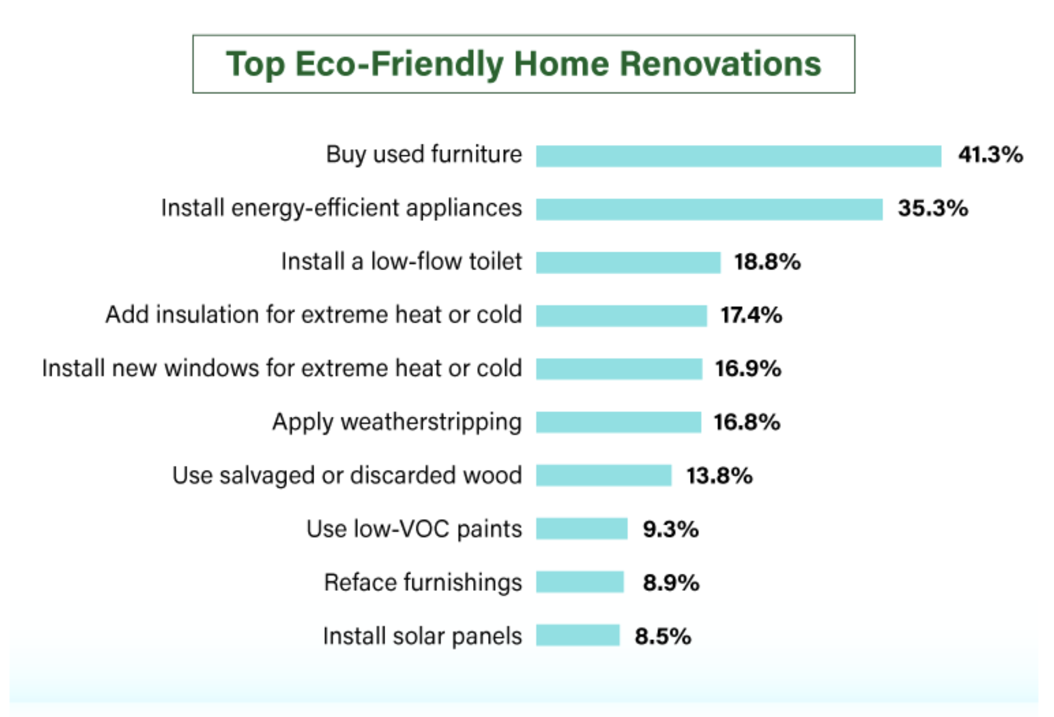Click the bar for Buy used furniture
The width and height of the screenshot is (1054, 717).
[x=739, y=156]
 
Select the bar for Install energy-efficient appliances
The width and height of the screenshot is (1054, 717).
[x=710, y=209]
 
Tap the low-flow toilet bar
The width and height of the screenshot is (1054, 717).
[x=628, y=263]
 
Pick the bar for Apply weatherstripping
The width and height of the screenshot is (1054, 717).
[x=619, y=422]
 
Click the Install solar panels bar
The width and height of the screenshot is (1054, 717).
[x=578, y=636]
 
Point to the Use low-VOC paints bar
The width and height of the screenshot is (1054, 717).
[x=582, y=529]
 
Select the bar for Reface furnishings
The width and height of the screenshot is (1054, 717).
[x=580, y=582]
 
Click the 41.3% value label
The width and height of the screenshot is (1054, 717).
[x=990, y=155]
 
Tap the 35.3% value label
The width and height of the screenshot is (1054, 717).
[x=933, y=208]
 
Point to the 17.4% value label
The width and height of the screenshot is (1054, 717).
[x=751, y=315]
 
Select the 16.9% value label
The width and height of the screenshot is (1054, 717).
[x=748, y=368]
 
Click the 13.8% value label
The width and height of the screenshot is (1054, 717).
[x=719, y=476]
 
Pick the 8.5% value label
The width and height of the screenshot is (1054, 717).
[x=663, y=636]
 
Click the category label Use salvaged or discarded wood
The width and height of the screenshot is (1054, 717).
[x=347, y=476]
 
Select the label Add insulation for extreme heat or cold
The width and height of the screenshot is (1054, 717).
[x=314, y=315]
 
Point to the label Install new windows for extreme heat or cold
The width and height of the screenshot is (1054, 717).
[x=282, y=368]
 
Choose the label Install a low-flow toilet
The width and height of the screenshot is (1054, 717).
[x=401, y=261]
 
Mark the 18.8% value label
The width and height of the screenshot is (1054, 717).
[x=768, y=261]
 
